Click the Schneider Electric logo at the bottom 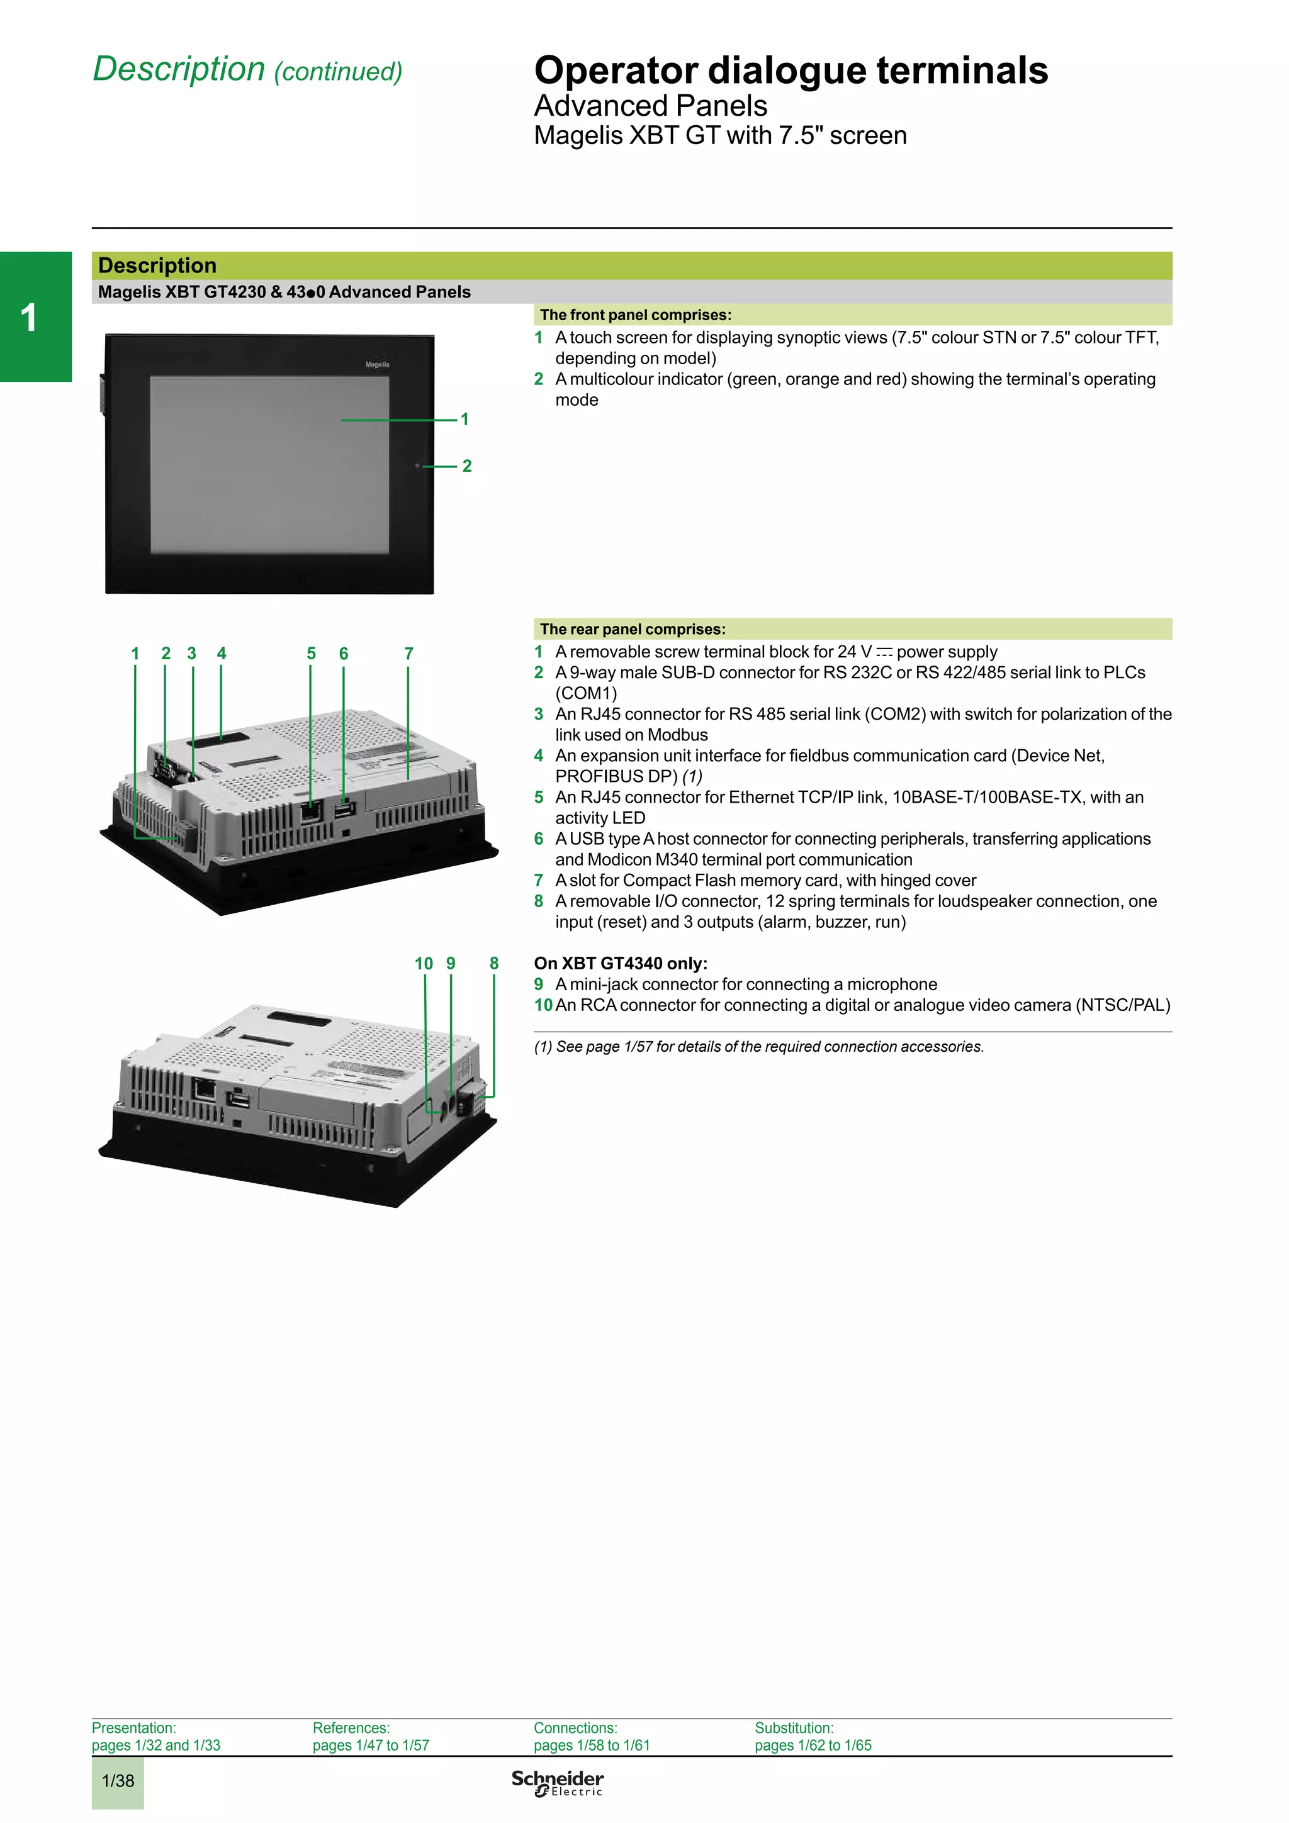point(557,1783)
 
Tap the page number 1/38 point(118,1781)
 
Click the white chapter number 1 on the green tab point(28,318)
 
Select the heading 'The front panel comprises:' point(635,315)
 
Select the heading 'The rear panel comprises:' point(632,629)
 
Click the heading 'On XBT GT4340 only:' point(621,963)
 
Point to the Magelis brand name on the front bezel point(377,364)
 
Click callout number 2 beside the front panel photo point(467,466)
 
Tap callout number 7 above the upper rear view point(409,654)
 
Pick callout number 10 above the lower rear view point(424,963)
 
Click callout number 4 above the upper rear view point(222,654)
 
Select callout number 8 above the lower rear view point(494,963)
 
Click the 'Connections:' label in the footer point(575,1728)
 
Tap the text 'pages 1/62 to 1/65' point(813,1745)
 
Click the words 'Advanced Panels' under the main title point(650,106)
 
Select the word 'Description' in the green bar point(157,265)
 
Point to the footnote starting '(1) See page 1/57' point(758,1047)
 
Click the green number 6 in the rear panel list point(539,839)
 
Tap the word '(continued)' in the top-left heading point(339,72)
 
